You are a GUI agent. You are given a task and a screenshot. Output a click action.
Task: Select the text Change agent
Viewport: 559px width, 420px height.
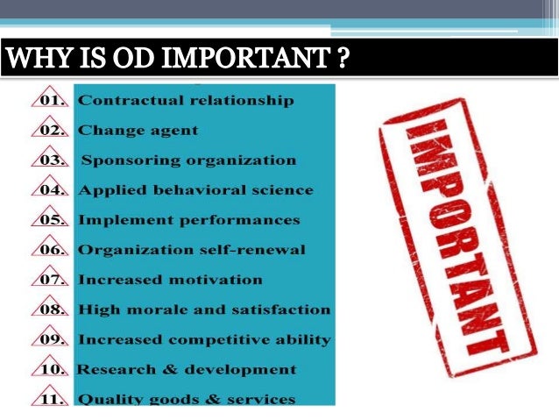(x=138, y=131)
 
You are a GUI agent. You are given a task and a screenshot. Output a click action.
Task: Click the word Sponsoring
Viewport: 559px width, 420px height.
(x=129, y=160)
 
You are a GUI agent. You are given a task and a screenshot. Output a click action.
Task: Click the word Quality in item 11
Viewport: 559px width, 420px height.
(x=108, y=399)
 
